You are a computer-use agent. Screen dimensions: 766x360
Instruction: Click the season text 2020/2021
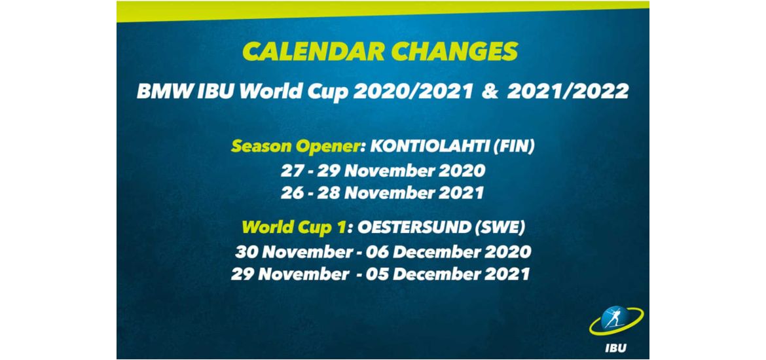pos(413,92)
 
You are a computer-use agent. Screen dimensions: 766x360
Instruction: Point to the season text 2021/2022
pos(568,92)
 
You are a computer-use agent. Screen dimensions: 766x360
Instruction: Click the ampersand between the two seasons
pos(490,92)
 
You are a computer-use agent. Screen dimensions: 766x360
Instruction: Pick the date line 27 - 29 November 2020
pos(383,170)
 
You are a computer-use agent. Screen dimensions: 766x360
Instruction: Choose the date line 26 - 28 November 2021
pos(382,192)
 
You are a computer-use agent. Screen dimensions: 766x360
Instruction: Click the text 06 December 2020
pos(462,252)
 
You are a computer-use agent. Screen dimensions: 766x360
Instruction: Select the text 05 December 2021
pos(461,274)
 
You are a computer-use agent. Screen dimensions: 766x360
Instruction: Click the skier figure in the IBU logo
pos(613,317)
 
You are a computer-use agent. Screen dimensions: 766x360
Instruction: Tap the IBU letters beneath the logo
pos(615,348)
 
